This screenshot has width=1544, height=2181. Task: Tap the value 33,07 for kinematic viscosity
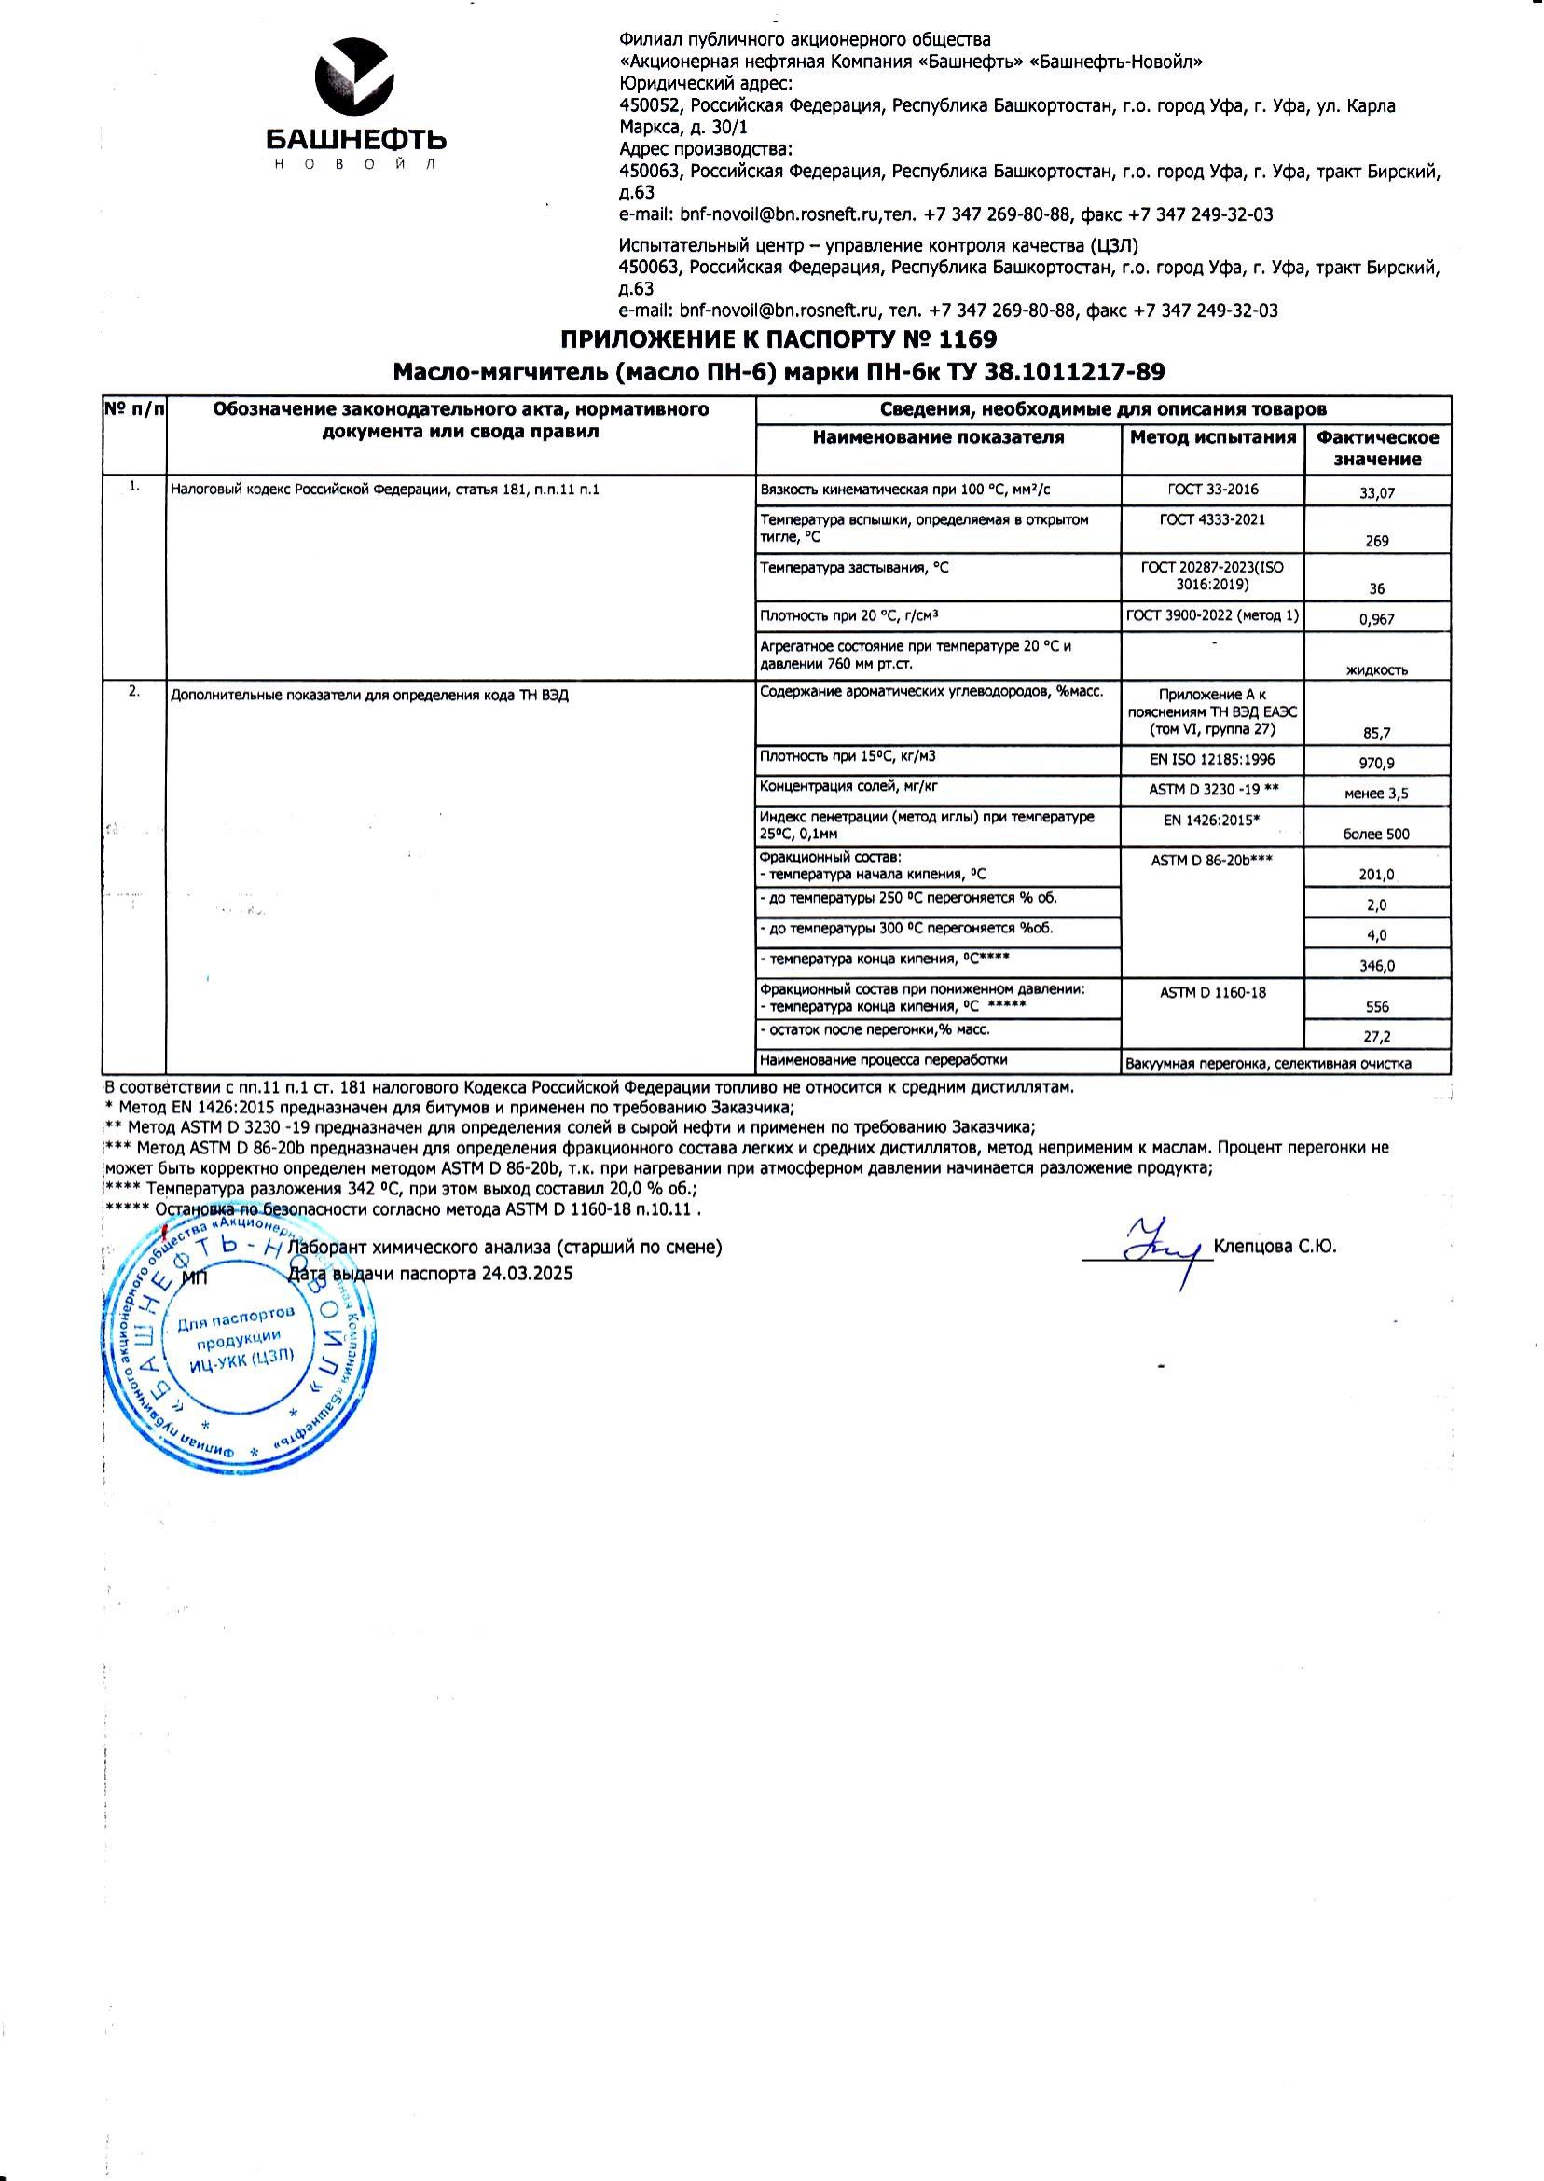[1377, 493]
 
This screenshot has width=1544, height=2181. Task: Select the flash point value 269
[1377, 541]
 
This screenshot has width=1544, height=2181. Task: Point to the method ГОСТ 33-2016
[1212, 490]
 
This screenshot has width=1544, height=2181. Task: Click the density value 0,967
[1377, 619]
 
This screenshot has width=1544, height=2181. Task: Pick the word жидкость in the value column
[1377, 669]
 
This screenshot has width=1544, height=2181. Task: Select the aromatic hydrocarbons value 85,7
[1377, 733]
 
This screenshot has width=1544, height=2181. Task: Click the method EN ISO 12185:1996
[1212, 760]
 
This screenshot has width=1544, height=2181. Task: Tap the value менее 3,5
[1377, 793]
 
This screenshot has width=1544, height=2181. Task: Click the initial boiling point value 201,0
[1377, 875]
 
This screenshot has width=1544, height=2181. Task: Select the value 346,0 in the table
[1377, 966]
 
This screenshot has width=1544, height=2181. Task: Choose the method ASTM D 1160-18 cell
[1212, 992]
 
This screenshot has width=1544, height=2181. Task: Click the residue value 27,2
[1377, 1037]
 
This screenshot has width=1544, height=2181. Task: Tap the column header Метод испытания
[1212, 437]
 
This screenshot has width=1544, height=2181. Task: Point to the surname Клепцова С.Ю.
[1275, 1247]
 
